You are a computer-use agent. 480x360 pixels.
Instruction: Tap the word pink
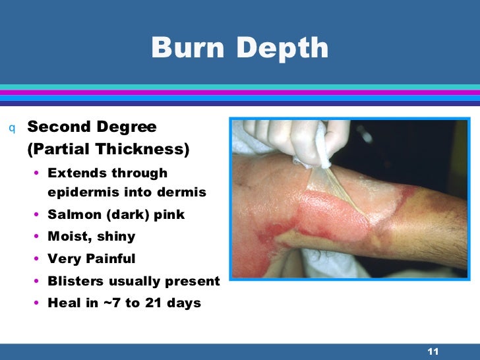tap(167, 214)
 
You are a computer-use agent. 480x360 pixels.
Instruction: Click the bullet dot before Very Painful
tap(36, 259)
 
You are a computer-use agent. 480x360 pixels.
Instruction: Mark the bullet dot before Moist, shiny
tap(36, 237)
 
